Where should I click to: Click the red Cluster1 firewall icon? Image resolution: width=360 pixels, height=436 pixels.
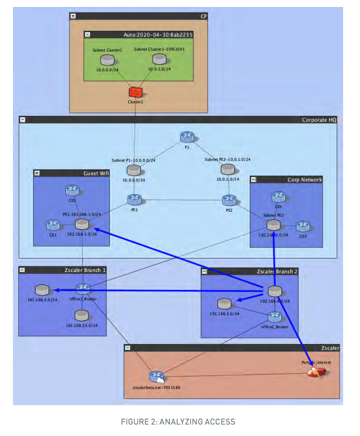[x=135, y=92]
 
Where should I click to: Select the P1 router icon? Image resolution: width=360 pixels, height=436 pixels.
[x=187, y=138]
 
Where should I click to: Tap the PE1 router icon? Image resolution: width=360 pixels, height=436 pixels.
[x=134, y=200]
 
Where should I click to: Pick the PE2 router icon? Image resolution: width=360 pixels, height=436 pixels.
[x=229, y=200]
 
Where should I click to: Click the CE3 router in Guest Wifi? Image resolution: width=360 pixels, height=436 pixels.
[x=72, y=190]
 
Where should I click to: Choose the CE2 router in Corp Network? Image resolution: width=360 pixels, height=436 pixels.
[x=303, y=227]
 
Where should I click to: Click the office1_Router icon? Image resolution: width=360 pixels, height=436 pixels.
[x=83, y=289]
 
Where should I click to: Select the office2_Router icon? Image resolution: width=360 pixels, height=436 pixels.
[x=274, y=317]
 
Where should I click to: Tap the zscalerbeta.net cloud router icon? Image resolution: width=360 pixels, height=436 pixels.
[x=157, y=376]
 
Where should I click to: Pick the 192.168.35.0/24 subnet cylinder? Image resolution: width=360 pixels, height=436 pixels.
[x=82, y=315]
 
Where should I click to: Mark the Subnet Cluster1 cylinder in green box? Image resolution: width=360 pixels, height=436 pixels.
[x=107, y=60]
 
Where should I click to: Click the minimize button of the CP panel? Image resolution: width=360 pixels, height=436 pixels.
[x=73, y=16]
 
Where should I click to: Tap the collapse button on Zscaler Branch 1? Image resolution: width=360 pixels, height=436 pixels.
[x=23, y=270]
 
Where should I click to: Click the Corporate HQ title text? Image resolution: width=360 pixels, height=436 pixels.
[x=319, y=120]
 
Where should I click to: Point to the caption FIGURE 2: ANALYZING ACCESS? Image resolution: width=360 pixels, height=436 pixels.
[x=178, y=422]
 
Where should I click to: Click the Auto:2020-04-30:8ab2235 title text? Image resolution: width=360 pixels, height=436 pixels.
[x=158, y=35]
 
